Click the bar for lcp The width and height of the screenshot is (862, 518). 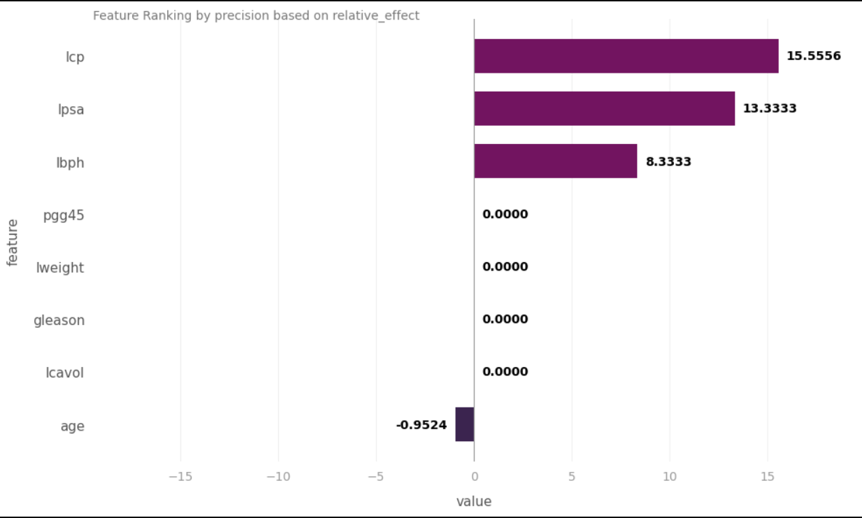pos(626,56)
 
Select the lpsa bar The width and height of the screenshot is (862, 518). pos(605,108)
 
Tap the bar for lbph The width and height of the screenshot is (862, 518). pos(556,161)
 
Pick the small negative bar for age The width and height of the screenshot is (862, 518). pos(465,424)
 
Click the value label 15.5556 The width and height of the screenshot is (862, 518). pos(814,56)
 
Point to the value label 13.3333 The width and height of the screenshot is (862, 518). pos(770,108)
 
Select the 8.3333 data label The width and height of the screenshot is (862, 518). pos(668,161)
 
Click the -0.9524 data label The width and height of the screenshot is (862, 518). pos(422,425)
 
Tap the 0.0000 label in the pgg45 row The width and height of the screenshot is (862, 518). pos(505,214)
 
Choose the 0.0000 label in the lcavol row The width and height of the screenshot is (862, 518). pos(505,371)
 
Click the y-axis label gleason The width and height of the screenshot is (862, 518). pos(59,321)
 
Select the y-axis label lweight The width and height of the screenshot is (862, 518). pos(60,268)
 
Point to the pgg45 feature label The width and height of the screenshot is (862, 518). pos(64,215)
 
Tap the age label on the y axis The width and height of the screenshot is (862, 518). pos(72,426)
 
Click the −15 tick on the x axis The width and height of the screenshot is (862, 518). pos(180,477)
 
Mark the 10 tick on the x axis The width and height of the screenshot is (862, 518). pos(670,477)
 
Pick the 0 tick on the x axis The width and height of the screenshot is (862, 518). pos(475,477)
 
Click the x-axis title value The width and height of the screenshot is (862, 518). pos(474,501)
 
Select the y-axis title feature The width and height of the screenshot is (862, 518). pos(13,243)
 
